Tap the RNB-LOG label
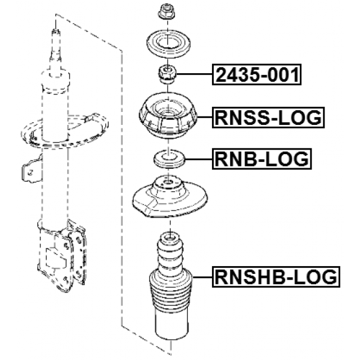262,160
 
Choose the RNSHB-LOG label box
276,276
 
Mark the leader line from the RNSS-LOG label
205,118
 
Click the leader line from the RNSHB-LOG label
202,276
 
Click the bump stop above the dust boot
168,250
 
